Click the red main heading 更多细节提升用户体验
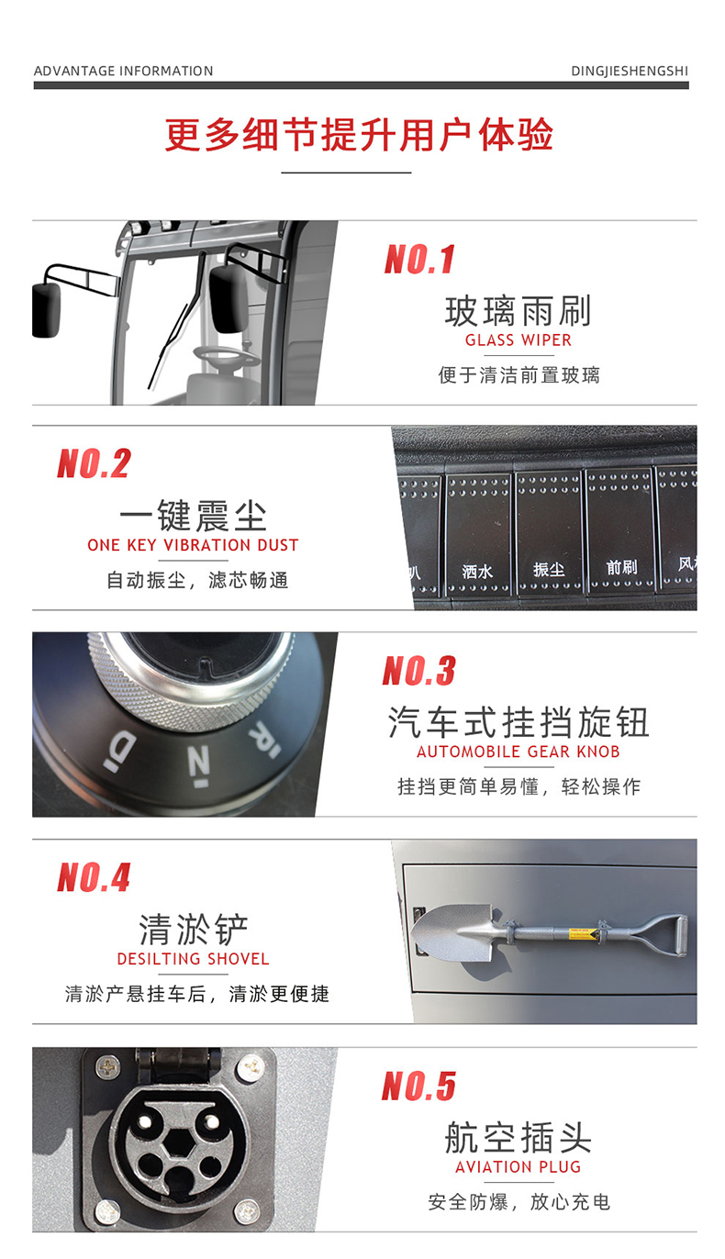pyautogui.click(x=360, y=135)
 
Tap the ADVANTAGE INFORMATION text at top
pyautogui.click(x=123, y=71)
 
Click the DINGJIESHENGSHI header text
pyautogui.click(x=629, y=71)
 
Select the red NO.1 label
pyautogui.click(x=419, y=260)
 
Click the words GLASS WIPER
pyautogui.click(x=518, y=340)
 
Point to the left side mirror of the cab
pyautogui.click(x=46, y=309)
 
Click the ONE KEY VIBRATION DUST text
pyautogui.click(x=193, y=545)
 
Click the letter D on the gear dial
pyautogui.click(x=121, y=749)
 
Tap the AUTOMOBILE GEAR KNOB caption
pyautogui.click(x=518, y=752)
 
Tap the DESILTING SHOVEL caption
pyautogui.click(x=193, y=959)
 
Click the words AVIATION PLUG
pyautogui.click(x=518, y=1167)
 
